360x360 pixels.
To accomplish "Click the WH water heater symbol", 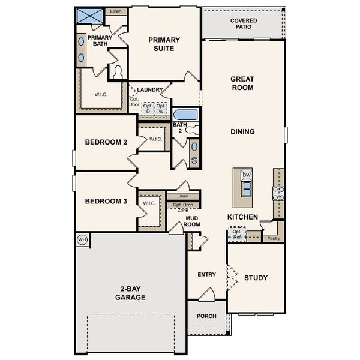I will (x=82, y=239).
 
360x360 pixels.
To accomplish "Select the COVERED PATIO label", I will (x=244, y=24).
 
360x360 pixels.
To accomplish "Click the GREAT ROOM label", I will (x=242, y=83).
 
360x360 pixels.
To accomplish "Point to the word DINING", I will (x=242, y=131).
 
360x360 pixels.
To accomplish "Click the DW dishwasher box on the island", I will (x=246, y=175).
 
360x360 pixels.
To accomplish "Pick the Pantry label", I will (x=273, y=238).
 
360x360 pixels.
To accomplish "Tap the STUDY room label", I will (x=256, y=278).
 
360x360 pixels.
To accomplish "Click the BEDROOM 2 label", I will (x=106, y=142).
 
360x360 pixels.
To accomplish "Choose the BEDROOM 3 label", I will (x=106, y=202).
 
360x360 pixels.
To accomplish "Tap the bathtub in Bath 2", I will (x=184, y=115).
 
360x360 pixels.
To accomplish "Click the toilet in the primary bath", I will (x=118, y=73).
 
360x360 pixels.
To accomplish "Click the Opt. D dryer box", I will (x=146, y=109).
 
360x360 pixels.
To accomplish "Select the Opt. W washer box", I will (x=161, y=109).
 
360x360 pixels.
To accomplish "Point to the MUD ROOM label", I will (x=191, y=221).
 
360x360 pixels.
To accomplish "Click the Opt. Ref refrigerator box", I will (x=237, y=234).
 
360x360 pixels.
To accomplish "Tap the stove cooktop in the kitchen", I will (x=278, y=193).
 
